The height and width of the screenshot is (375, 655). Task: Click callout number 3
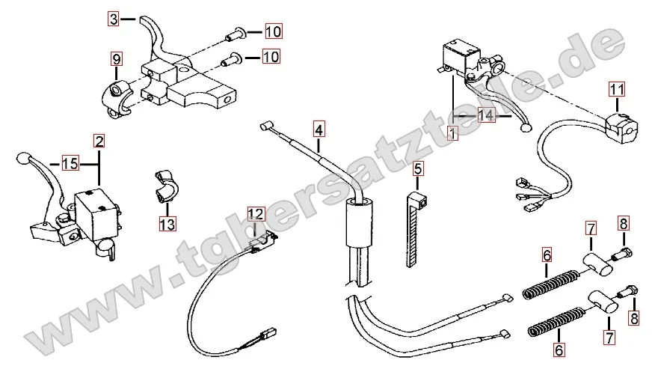(112, 19)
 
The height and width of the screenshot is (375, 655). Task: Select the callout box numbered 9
(116, 58)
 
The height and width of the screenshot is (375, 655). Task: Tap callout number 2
(99, 141)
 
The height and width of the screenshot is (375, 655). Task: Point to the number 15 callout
(70, 162)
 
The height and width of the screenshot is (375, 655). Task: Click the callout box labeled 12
(256, 213)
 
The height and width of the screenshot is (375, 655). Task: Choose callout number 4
(319, 129)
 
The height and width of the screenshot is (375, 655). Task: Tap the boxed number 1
(452, 134)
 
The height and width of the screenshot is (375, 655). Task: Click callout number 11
(616, 89)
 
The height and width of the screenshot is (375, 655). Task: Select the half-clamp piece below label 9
(116, 99)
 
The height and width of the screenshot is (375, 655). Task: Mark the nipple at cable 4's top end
(265, 127)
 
